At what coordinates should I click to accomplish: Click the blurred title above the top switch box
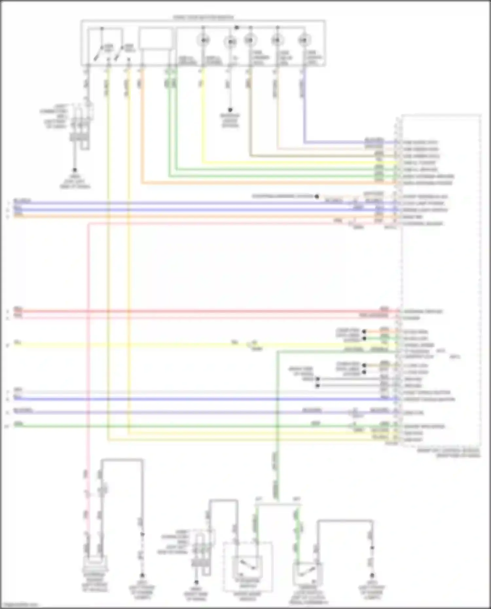203,17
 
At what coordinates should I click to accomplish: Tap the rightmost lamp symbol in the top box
304,40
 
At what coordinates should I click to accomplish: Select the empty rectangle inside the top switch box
155,38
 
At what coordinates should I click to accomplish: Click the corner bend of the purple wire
305,143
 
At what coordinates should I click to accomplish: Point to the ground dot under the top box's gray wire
230,110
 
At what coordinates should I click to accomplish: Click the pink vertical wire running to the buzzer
88,360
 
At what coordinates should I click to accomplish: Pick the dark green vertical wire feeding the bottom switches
278,425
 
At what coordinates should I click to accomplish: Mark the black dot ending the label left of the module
317,196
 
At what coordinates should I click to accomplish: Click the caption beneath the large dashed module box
448,453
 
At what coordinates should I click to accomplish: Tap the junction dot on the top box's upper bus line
237,28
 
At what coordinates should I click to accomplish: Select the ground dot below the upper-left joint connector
75,170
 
